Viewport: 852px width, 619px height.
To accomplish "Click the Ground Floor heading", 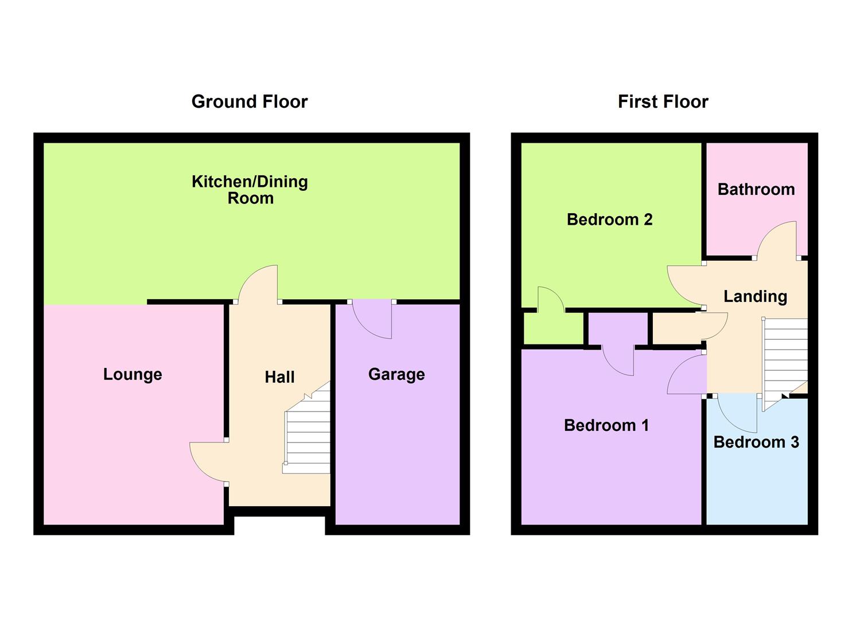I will [250, 101].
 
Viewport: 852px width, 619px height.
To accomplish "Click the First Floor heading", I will [663, 101].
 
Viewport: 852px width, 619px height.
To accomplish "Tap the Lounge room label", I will [133, 374].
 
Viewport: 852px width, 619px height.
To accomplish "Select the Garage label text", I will [396, 374].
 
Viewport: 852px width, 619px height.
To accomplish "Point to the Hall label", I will [279, 377].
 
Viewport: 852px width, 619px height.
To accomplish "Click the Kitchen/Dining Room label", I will [250, 190].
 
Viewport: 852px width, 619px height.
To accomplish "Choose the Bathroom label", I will [756, 189].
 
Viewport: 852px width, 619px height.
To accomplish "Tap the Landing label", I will [755, 296].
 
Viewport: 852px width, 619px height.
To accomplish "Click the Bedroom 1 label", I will [606, 425].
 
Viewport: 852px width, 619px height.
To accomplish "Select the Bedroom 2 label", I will [609, 220].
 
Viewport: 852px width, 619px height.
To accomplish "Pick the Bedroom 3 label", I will [756, 442].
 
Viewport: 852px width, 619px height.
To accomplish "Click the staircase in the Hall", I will [308, 436].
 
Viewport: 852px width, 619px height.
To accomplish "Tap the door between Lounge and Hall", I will [208, 461].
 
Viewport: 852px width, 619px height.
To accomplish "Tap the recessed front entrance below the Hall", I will [279, 524].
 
